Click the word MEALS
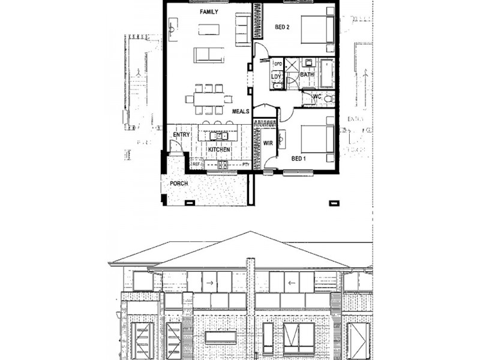pyautogui.click(x=241, y=111)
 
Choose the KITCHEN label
pyautogui.click(x=219, y=149)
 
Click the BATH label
pyautogui.click(x=307, y=74)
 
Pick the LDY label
pyautogui.click(x=276, y=77)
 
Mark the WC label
pyautogui.click(x=317, y=97)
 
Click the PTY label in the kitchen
pyautogui.click(x=245, y=164)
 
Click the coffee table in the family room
pyautogui.click(x=208, y=29)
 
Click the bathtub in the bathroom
pyautogui.click(x=328, y=74)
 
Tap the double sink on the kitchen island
pyautogui.click(x=220, y=136)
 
